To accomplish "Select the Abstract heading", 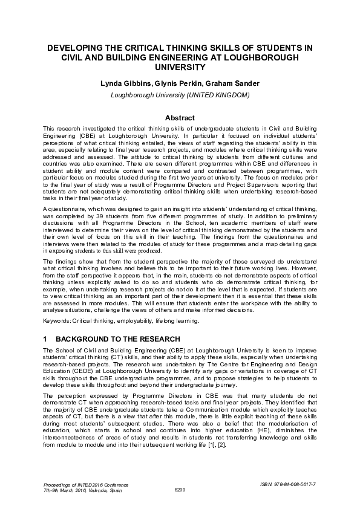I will pyautogui.click(x=180, y=118).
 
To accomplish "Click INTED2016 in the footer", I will pyautogui.click(x=81, y=485).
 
